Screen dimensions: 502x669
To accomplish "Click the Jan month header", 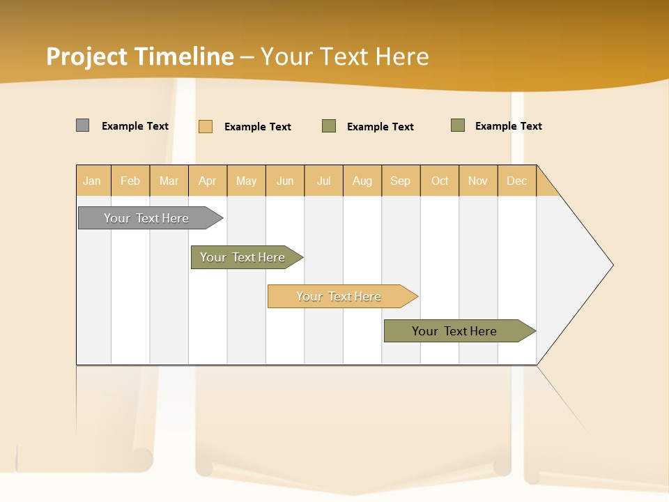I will (x=92, y=181).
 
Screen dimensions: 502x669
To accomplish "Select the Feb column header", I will (x=130, y=181).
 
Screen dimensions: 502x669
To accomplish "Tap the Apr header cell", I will (x=207, y=181).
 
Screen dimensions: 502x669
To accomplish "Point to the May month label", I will (x=246, y=181).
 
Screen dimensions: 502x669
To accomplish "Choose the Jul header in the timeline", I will (x=323, y=181).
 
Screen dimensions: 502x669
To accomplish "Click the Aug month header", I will (x=362, y=181).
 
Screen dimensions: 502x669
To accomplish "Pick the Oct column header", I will (x=440, y=181).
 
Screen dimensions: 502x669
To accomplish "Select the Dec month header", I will (x=516, y=181).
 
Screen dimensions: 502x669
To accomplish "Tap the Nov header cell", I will (x=477, y=181).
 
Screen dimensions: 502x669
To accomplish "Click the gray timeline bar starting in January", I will (x=146, y=218).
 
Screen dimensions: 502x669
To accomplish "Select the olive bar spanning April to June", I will (x=243, y=257).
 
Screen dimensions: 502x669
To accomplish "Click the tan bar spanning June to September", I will (x=339, y=296).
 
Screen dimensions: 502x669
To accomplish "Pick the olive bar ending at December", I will (x=454, y=331).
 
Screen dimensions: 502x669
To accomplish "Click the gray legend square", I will (x=82, y=125).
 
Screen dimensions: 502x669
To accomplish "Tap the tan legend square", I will (x=206, y=126).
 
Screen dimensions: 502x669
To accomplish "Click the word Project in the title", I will (x=87, y=56).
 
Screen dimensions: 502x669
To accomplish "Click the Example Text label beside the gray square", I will (x=135, y=126).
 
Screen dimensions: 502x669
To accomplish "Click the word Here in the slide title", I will (x=402, y=56).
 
